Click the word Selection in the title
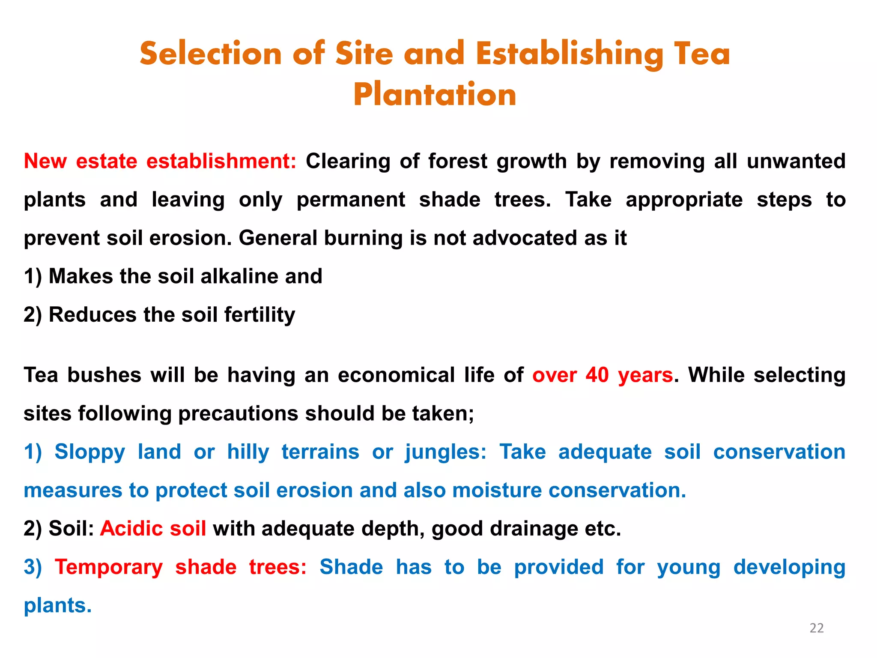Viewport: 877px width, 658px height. click(211, 54)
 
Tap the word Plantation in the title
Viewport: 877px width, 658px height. click(435, 94)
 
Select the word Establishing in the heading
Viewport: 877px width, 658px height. click(569, 54)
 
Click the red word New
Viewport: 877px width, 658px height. click(45, 162)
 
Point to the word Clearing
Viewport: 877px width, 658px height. click(348, 162)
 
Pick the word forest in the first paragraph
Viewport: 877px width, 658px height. click(458, 162)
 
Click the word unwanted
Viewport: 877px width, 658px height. click(796, 162)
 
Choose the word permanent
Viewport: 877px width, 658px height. click(351, 200)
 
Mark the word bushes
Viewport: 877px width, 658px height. click(104, 375)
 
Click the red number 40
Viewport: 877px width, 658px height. click(597, 375)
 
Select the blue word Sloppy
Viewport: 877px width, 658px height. click(89, 452)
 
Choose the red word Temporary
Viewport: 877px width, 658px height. click(109, 567)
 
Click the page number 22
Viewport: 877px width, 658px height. click(817, 628)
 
